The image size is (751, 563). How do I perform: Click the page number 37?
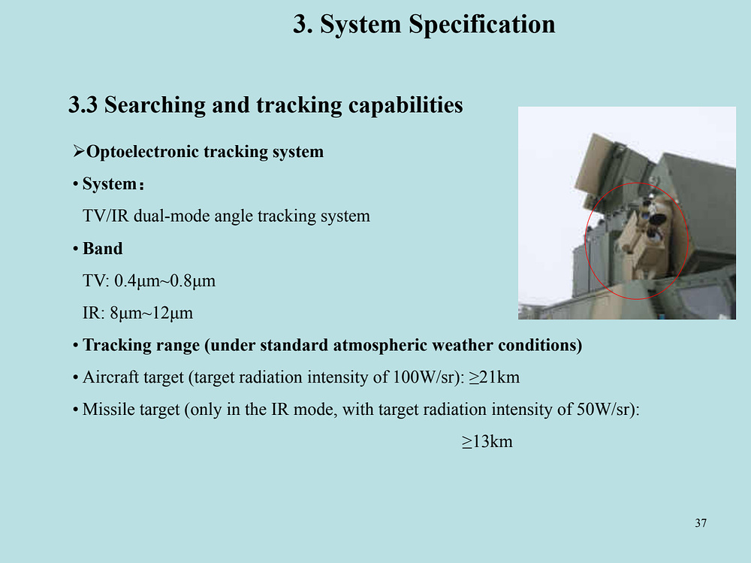point(701,523)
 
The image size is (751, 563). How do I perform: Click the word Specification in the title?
point(482,24)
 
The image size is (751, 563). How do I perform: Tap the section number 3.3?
point(83,105)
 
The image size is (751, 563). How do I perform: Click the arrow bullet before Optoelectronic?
point(79,152)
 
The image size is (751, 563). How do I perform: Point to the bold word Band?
point(102,248)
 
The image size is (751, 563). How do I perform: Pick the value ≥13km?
point(487,442)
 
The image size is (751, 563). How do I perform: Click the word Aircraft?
point(110,377)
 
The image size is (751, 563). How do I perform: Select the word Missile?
point(107,410)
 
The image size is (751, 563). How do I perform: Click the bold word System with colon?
point(113,183)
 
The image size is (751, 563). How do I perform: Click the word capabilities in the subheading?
point(406,105)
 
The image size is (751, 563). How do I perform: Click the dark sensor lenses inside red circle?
point(653,219)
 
